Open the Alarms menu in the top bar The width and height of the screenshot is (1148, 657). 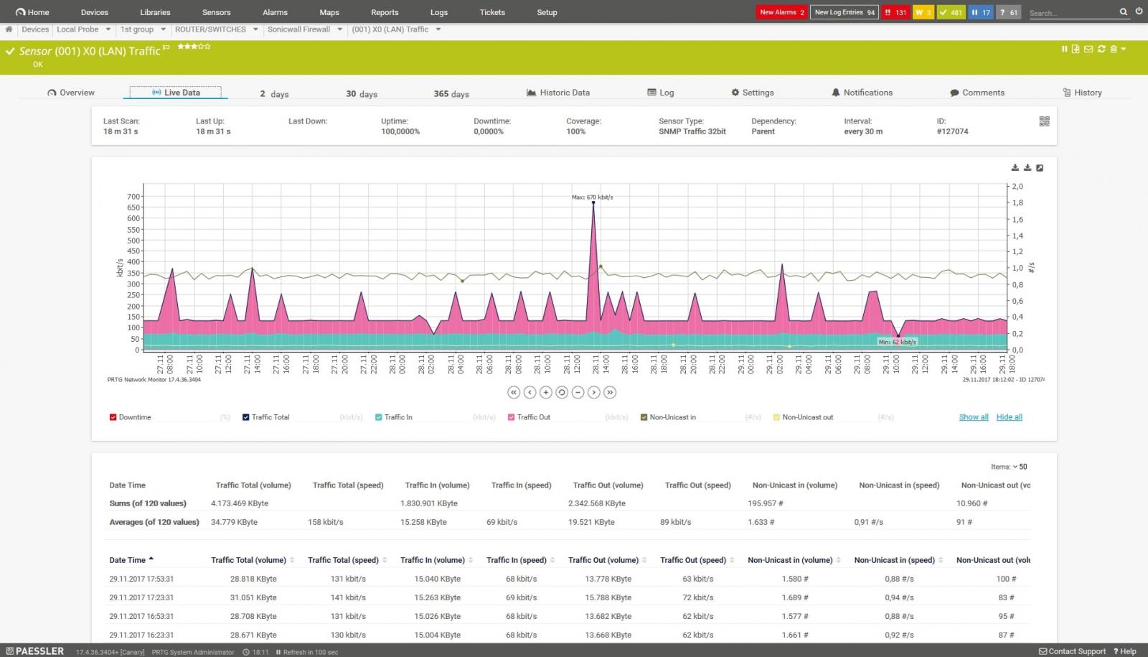coord(275,12)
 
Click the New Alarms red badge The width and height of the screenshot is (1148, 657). coord(782,12)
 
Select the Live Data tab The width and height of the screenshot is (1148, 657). coord(176,93)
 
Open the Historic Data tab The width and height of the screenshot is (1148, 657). coord(558,93)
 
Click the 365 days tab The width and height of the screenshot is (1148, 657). coord(451,94)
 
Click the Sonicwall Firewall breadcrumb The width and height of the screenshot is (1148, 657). coord(298,29)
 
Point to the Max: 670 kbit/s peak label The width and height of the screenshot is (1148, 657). coord(592,197)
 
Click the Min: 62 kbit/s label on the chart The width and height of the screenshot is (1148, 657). coord(897,342)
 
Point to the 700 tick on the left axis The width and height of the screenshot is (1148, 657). coord(133,196)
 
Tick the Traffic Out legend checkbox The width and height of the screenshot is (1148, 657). coord(512,417)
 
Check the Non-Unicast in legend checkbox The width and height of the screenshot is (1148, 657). coord(644,417)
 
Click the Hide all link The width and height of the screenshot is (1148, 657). coord(1009,417)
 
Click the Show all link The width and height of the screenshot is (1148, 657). coord(974,417)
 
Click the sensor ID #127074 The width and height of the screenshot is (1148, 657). coord(952,131)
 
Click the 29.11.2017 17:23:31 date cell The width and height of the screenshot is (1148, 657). coord(141,597)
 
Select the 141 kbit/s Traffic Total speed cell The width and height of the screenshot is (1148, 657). coord(348,597)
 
